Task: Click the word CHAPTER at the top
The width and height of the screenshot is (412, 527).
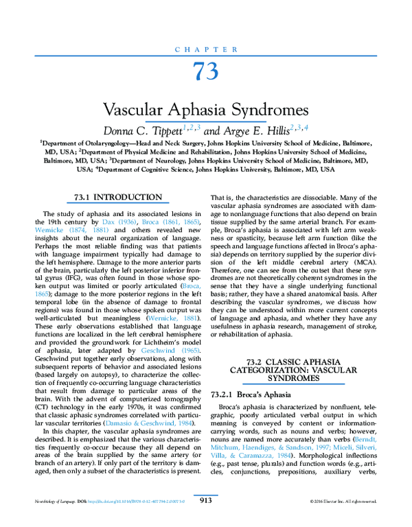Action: [x=205, y=49]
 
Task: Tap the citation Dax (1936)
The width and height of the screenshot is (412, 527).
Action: [x=115, y=225]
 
